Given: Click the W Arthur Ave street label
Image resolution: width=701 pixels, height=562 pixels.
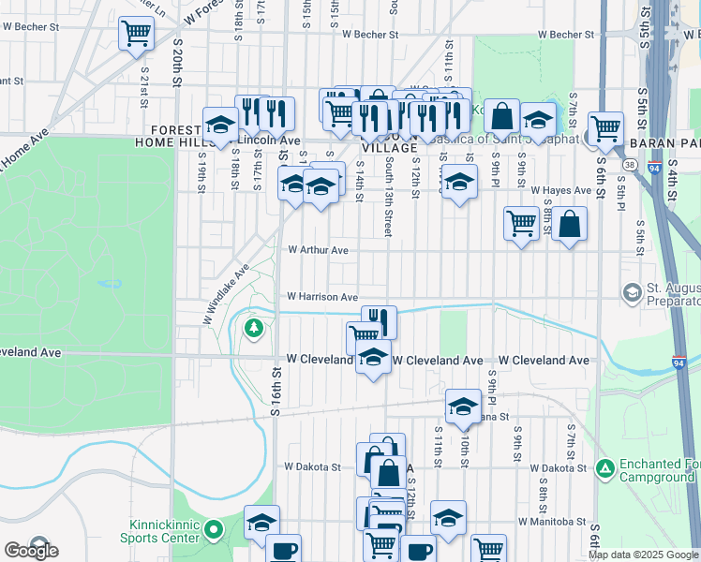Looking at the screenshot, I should (x=318, y=250).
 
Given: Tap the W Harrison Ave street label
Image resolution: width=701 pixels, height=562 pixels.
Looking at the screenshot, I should (x=322, y=297).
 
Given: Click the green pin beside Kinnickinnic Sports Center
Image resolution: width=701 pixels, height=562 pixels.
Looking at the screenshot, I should (x=214, y=531).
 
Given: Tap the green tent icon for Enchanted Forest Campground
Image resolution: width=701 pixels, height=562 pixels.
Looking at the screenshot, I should (x=605, y=466).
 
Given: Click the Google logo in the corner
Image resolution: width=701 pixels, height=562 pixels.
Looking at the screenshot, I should (x=31, y=551).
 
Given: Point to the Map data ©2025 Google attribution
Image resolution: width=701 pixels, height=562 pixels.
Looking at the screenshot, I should (x=644, y=555).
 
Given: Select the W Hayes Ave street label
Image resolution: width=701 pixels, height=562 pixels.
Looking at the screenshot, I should (x=561, y=190).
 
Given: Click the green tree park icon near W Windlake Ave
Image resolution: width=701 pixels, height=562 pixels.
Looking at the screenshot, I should (x=253, y=328).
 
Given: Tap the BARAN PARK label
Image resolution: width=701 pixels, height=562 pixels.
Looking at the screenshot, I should (x=664, y=142).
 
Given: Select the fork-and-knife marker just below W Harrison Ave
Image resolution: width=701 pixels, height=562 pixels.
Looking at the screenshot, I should (x=379, y=320).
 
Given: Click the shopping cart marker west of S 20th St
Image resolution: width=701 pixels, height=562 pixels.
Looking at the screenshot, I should (x=136, y=34).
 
